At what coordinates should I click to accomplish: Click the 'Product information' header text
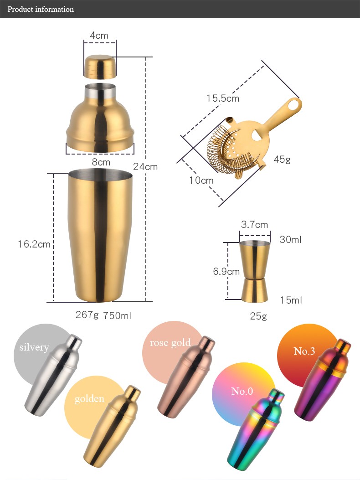(x=41, y=9)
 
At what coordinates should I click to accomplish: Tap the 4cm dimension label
(x=99, y=36)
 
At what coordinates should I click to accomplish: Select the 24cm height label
(x=145, y=167)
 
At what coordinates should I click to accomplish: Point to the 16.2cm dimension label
(x=34, y=244)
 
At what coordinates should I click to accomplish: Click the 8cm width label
(x=101, y=162)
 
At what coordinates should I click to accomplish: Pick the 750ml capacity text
(x=117, y=315)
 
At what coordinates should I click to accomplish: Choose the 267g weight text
(x=87, y=315)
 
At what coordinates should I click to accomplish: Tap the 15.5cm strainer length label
(x=222, y=98)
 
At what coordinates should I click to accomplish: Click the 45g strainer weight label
(x=282, y=159)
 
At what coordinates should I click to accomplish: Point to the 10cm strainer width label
(x=201, y=181)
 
